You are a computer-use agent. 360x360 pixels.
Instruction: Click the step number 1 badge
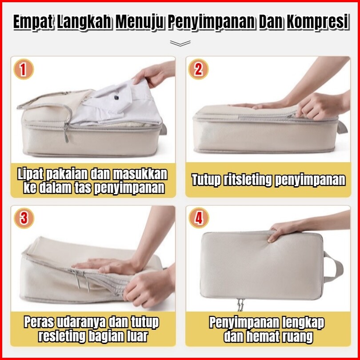(24, 69)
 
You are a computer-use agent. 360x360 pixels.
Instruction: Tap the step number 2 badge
(198, 69)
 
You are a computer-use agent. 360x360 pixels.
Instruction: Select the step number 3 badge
(24, 218)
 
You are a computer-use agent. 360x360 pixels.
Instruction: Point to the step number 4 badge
(199, 218)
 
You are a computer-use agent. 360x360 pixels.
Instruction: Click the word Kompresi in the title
(318, 22)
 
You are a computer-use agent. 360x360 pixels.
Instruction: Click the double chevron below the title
(180, 43)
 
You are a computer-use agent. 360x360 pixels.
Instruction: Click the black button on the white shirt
(116, 97)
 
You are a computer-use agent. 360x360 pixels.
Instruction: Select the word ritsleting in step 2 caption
(248, 180)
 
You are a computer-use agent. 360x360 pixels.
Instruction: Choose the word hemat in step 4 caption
(264, 336)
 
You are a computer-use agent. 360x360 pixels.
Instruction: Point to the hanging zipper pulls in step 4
(240, 304)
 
